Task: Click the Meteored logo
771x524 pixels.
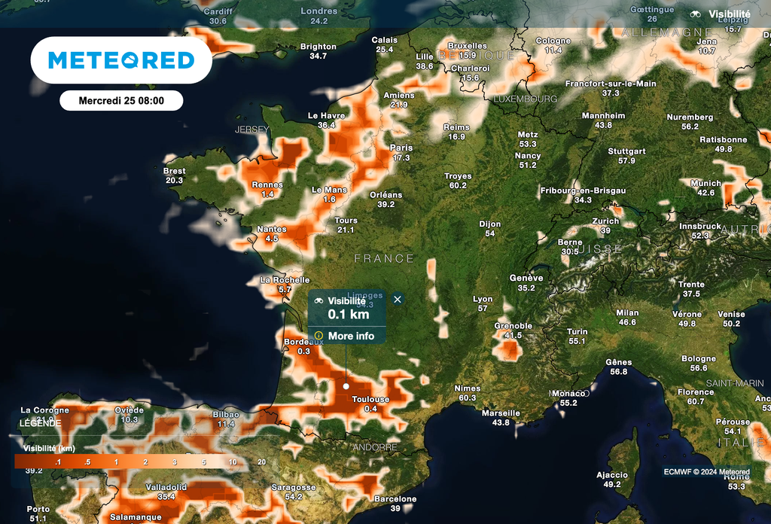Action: tap(121, 60)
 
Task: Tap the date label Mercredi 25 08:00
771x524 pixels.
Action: tap(121, 100)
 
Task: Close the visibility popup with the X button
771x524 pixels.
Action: tap(398, 299)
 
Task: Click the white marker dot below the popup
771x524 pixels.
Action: tap(346, 386)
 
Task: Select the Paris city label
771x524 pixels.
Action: tap(401, 148)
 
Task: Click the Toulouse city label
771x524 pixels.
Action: tap(370, 400)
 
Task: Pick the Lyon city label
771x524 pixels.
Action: tap(483, 299)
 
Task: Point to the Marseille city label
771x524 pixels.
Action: tap(501, 413)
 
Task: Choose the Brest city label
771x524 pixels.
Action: tap(174, 172)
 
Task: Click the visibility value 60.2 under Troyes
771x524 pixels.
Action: tap(458, 185)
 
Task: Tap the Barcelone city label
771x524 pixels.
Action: tap(395, 499)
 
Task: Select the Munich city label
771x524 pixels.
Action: tap(705, 183)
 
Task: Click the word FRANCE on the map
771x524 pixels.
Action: tap(384, 258)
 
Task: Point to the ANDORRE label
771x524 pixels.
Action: tap(374, 447)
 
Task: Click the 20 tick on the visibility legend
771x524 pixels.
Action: tap(261, 462)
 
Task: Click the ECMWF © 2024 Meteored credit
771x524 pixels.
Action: tap(706, 472)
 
